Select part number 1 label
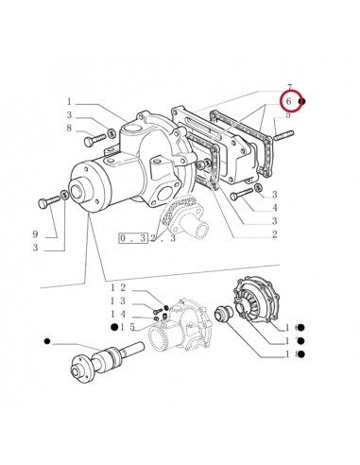click(69, 102)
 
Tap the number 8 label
click(69, 129)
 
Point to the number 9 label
click(61, 233)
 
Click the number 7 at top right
click(288, 87)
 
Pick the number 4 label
click(274, 208)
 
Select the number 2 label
click(274, 234)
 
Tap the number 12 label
click(118, 286)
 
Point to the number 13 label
click(118, 300)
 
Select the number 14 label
click(118, 313)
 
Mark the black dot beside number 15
click(112, 327)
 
